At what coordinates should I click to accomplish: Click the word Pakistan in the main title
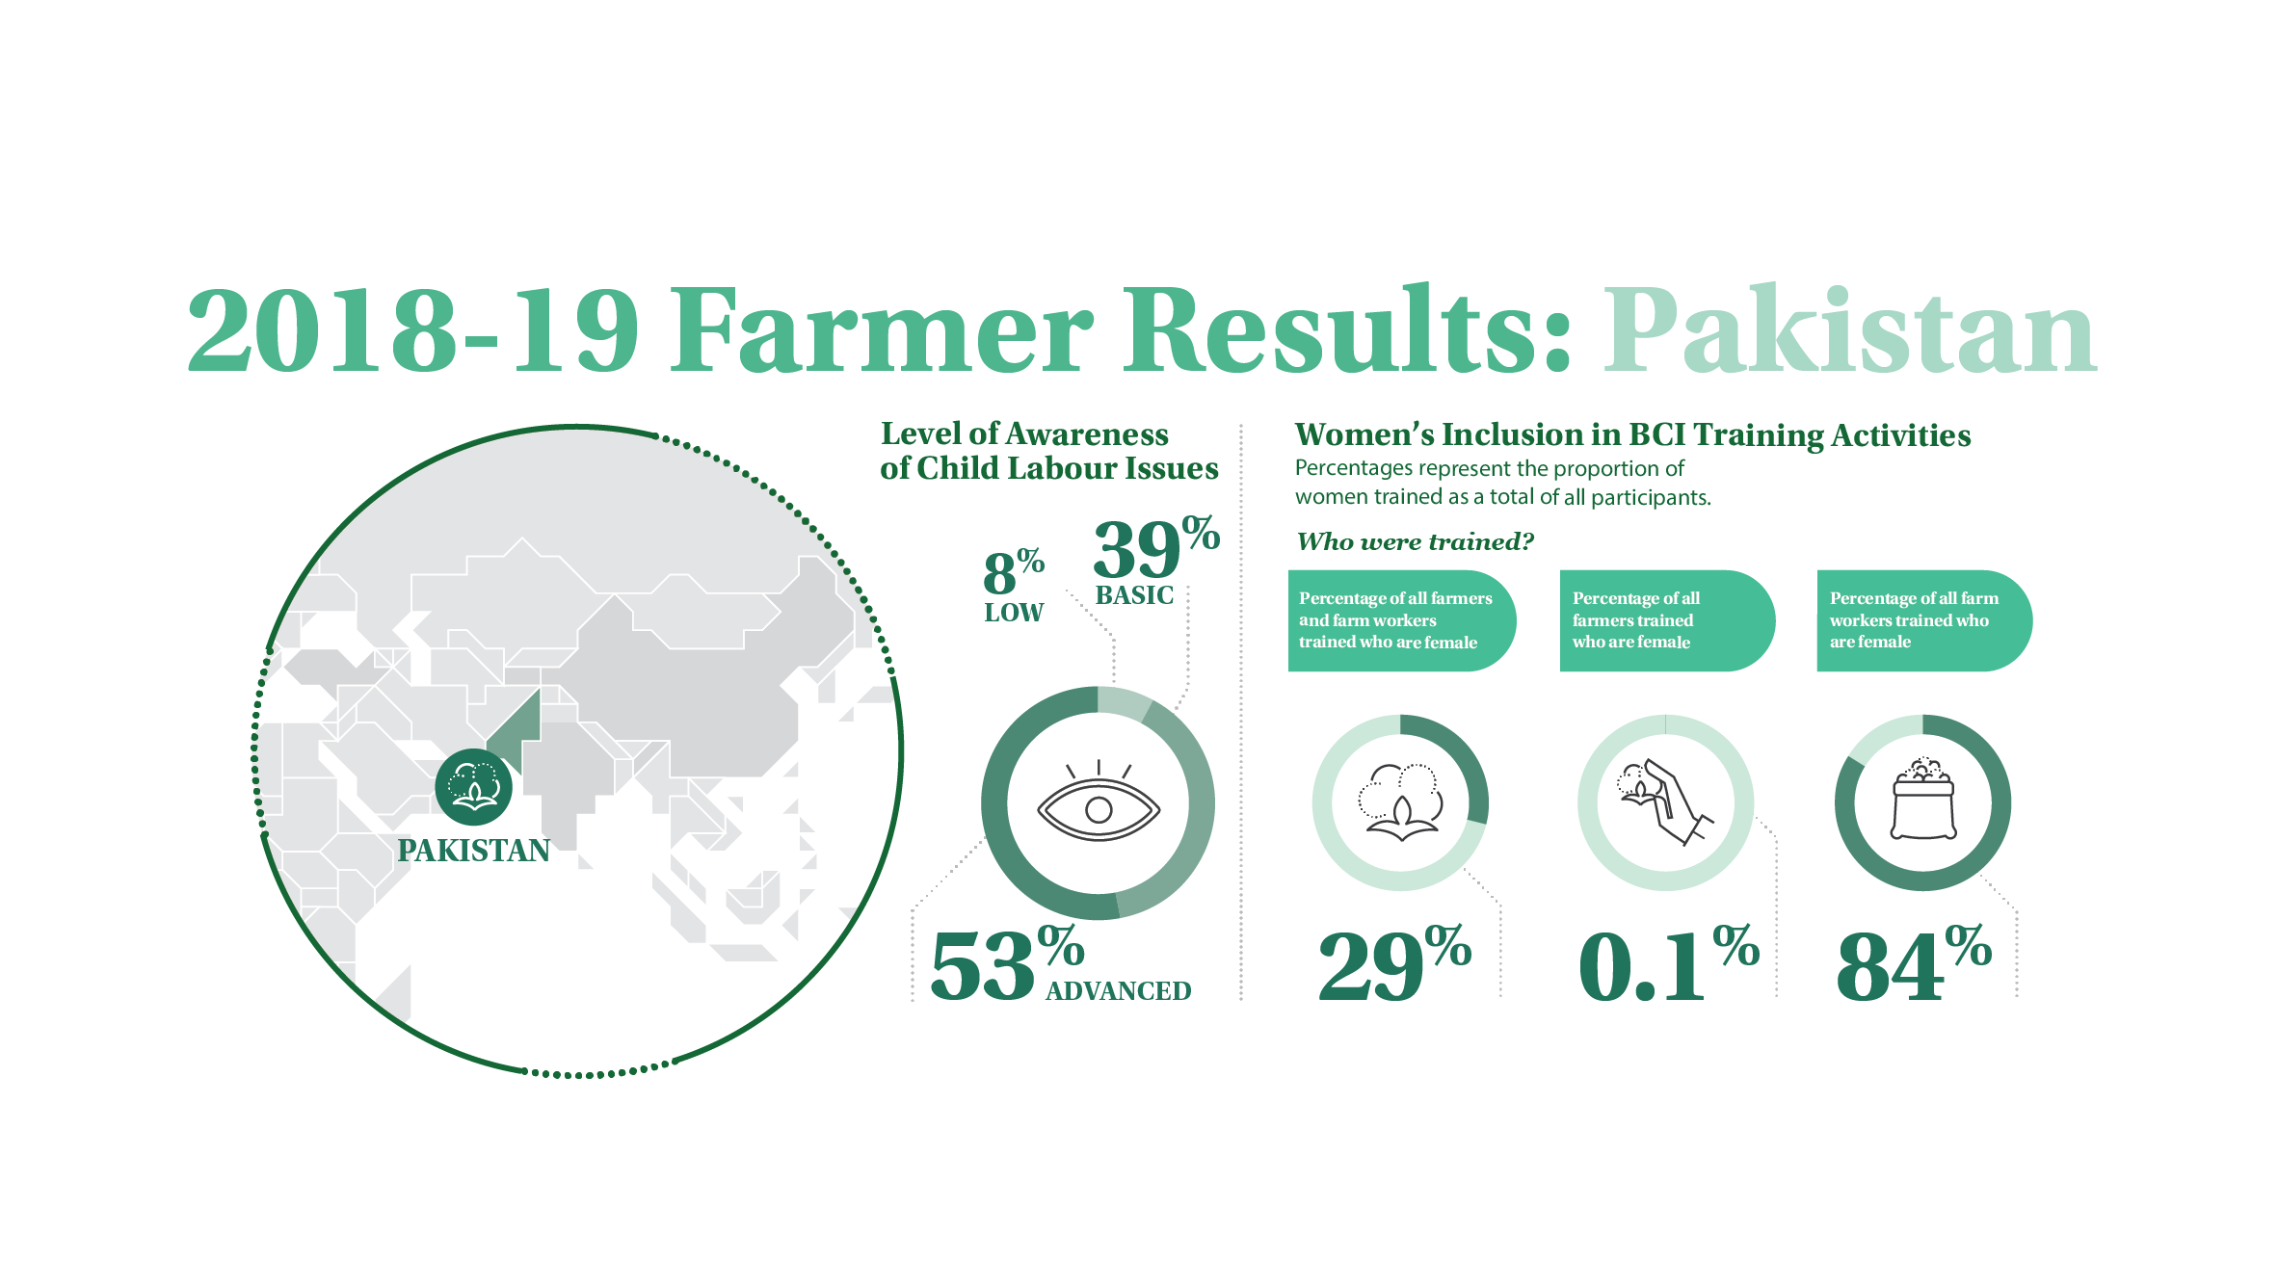point(1850,329)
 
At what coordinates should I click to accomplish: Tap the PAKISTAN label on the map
point(474,851)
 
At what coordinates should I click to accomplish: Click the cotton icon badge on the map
point(473,787)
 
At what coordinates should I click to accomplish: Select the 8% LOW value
point(1014,586)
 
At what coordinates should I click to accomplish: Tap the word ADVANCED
point(1119,990)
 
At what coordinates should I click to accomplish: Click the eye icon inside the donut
point(1099,801)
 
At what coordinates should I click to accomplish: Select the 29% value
point(1394,963)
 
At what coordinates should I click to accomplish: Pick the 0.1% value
point(1669,963)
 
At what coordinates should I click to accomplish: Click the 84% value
point(1914,963)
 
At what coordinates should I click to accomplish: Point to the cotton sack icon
point(1923,800)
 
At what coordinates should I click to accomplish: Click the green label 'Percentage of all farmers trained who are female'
point(1667,620)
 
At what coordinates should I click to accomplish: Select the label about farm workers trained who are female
point(1924,620)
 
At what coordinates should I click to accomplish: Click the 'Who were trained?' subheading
point(1415,541)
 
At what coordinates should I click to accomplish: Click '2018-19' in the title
point(413,329)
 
